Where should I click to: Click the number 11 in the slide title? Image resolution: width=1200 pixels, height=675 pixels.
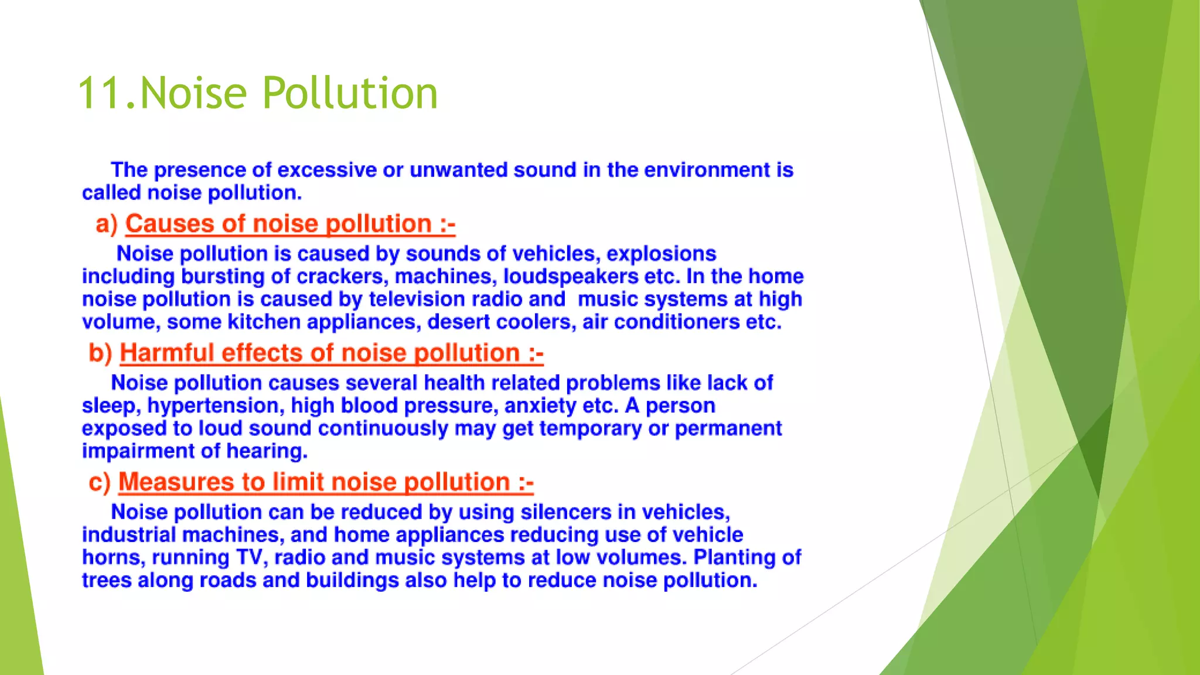100,94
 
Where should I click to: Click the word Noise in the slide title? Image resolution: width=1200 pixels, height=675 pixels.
194,94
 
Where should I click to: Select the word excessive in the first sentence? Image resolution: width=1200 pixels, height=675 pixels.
326,171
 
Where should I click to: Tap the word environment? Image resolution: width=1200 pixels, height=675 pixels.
707,171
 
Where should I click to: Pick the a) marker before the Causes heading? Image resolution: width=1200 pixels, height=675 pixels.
107,224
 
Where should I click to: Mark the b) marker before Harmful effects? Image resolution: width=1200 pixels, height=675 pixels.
100,353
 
